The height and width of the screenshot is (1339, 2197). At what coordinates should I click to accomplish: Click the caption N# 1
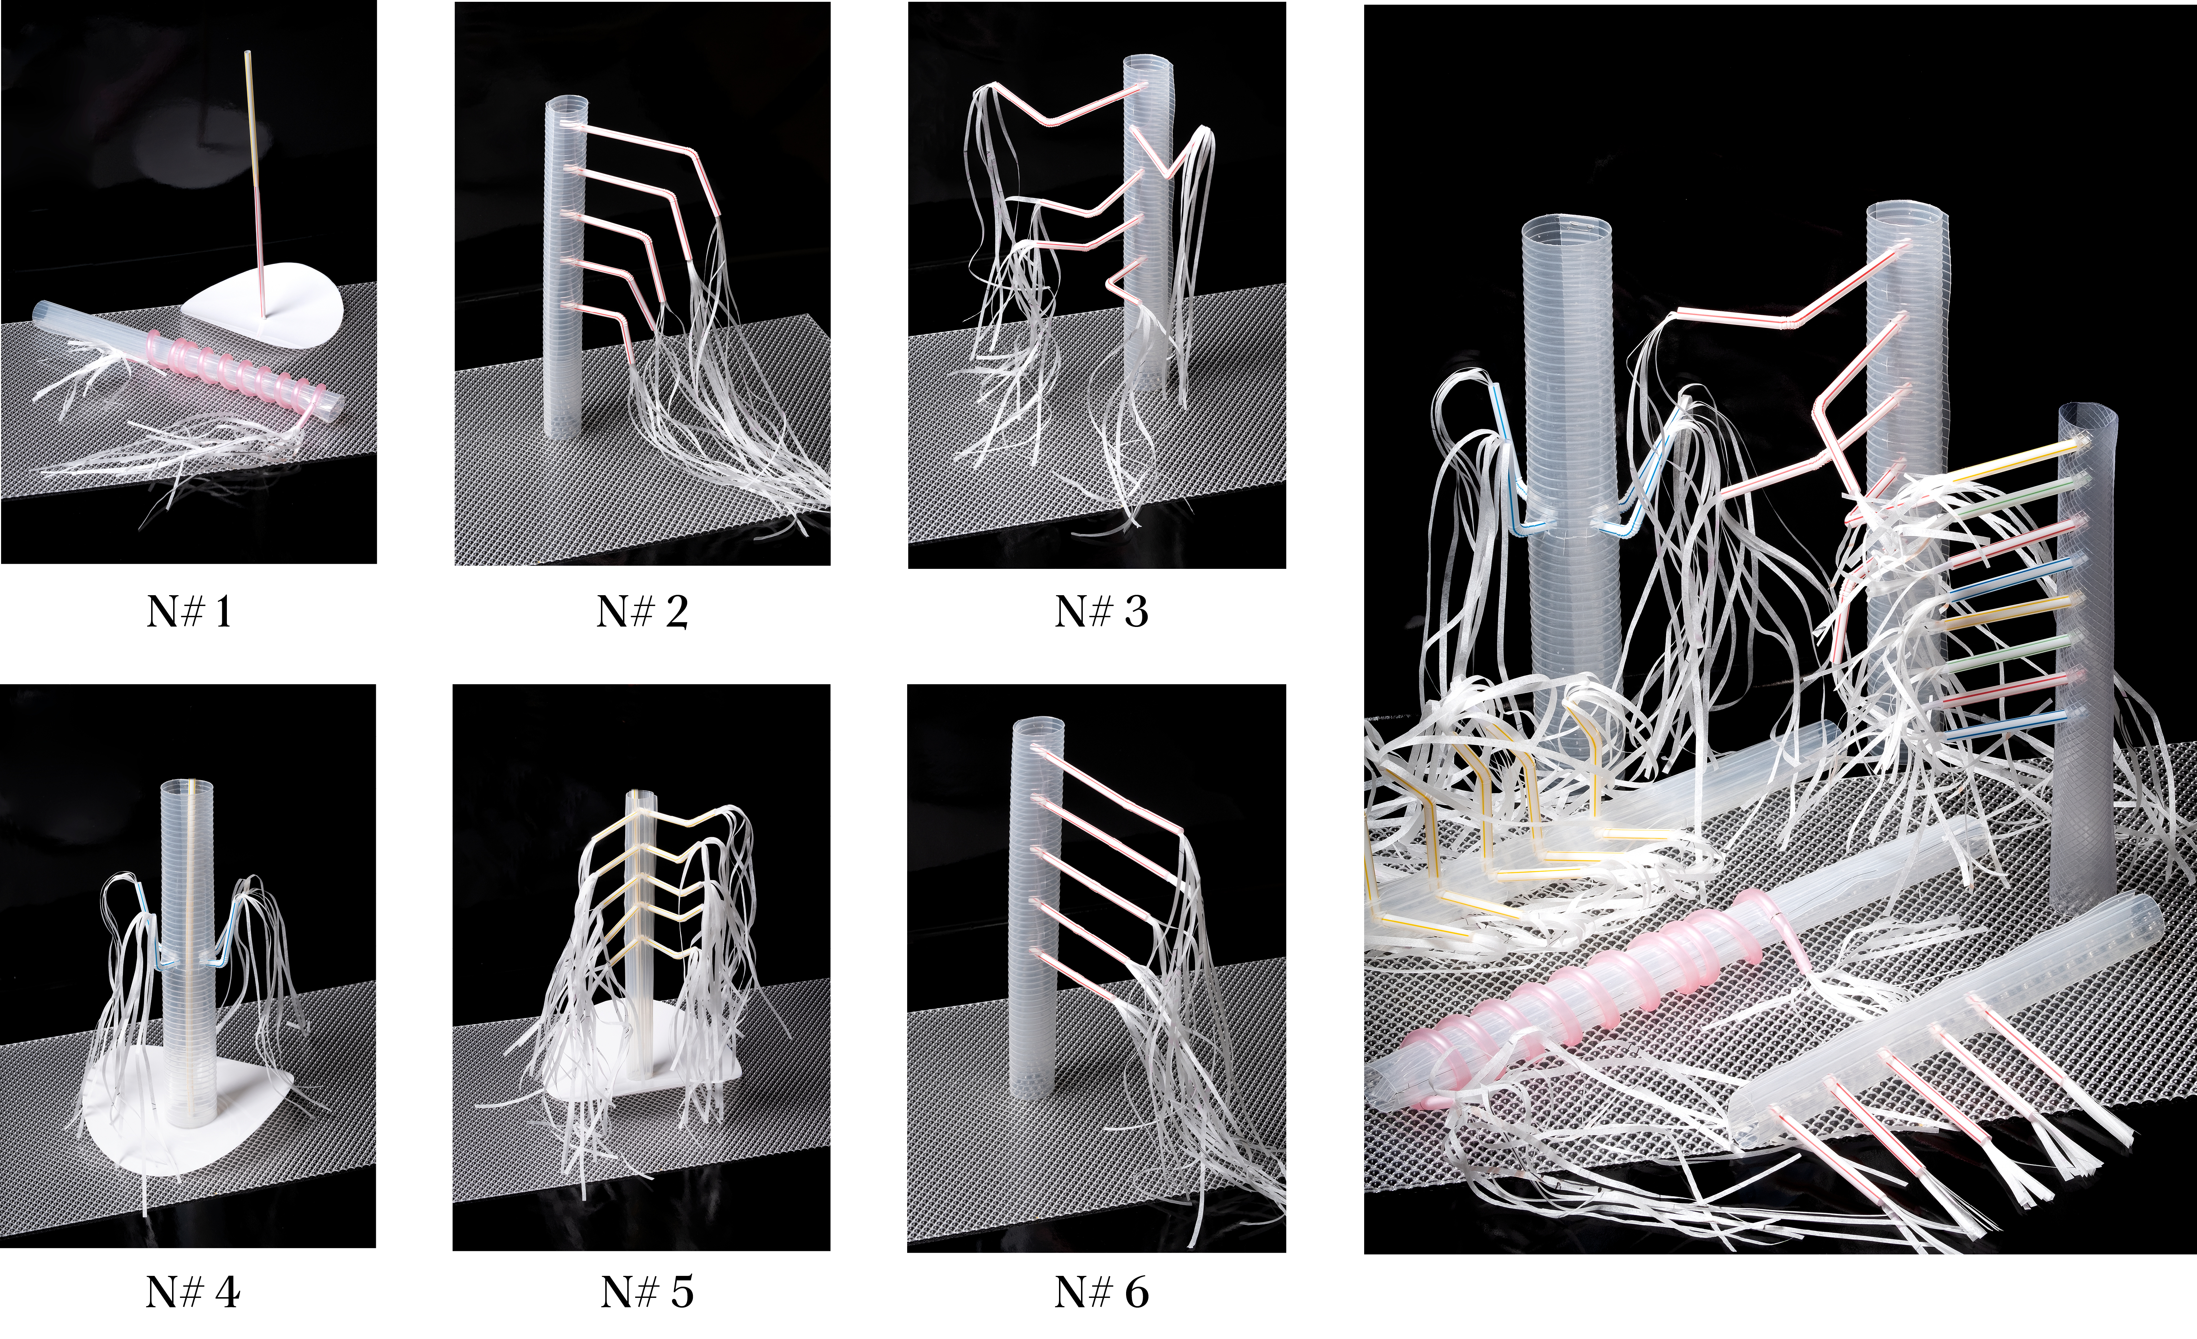pos(189,613)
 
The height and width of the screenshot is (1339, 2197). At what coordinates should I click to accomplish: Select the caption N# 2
pos(642,613)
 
